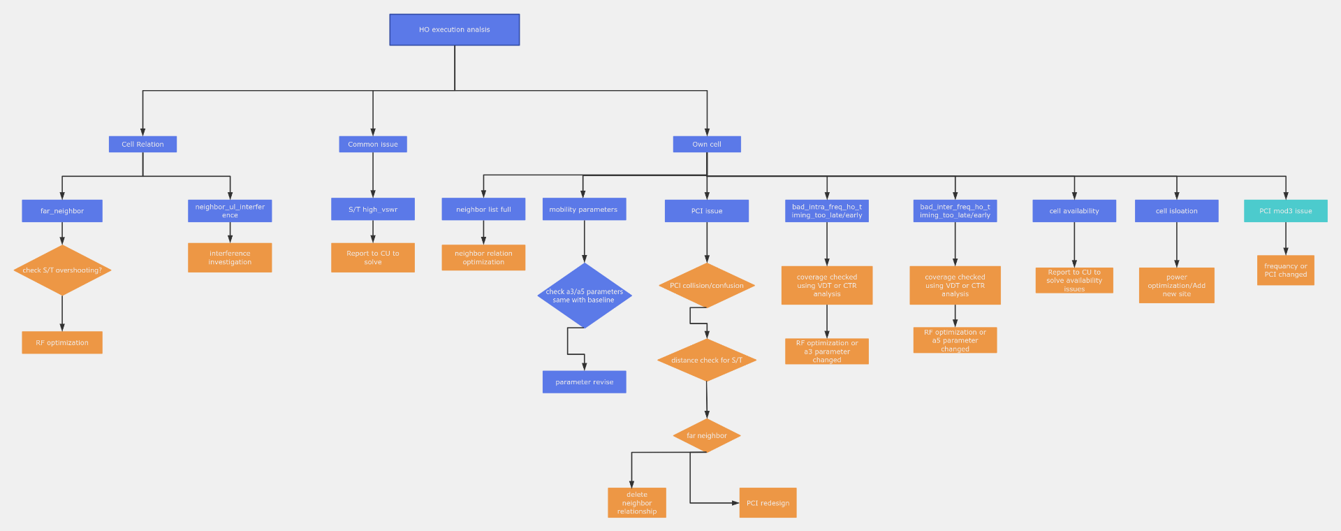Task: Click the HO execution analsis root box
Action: pos(454,30)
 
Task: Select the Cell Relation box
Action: pos(142,145)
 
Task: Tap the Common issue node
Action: pos(372,145)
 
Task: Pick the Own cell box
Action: pos(706,145)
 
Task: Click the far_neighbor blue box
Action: pos(62,211)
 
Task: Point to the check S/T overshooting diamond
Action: pos(62,270)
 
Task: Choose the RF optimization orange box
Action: pos(62,343)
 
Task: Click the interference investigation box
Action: pos(230,258)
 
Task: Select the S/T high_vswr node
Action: pos(372,210)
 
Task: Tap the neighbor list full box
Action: pos(483,210)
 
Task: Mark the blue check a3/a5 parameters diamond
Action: pos(585,296)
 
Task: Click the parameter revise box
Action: pos(585,382)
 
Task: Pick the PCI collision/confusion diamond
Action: pos(707,286)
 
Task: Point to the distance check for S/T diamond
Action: pos(707,361)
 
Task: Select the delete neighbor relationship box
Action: pos(637,503)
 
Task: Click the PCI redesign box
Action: pos(768,503)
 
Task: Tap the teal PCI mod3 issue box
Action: pos(1285,211)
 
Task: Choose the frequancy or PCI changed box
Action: pos(1285,270)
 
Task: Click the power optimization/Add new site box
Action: pos(1176,286)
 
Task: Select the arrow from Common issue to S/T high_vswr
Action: pos(373,175)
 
